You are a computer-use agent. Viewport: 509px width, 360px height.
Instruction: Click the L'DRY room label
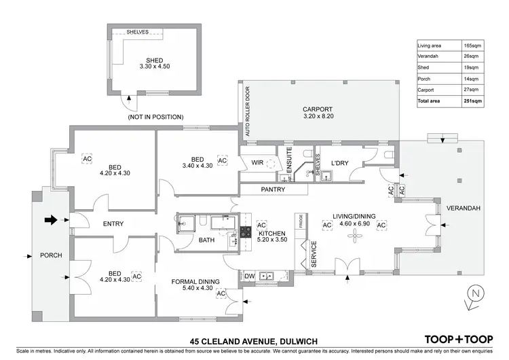point(339,164)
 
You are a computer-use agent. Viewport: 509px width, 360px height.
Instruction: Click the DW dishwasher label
point(248,276)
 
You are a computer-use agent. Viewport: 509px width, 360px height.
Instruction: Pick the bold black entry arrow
point(52,219)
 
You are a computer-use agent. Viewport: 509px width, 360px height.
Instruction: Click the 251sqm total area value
point(472,101)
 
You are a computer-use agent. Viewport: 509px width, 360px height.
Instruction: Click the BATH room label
point(206,240)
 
